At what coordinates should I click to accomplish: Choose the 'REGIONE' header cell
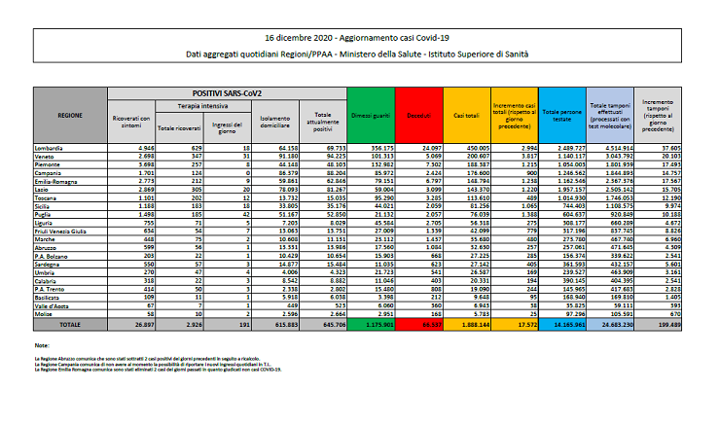coord(69,115)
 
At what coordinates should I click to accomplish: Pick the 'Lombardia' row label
coord(51,146)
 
